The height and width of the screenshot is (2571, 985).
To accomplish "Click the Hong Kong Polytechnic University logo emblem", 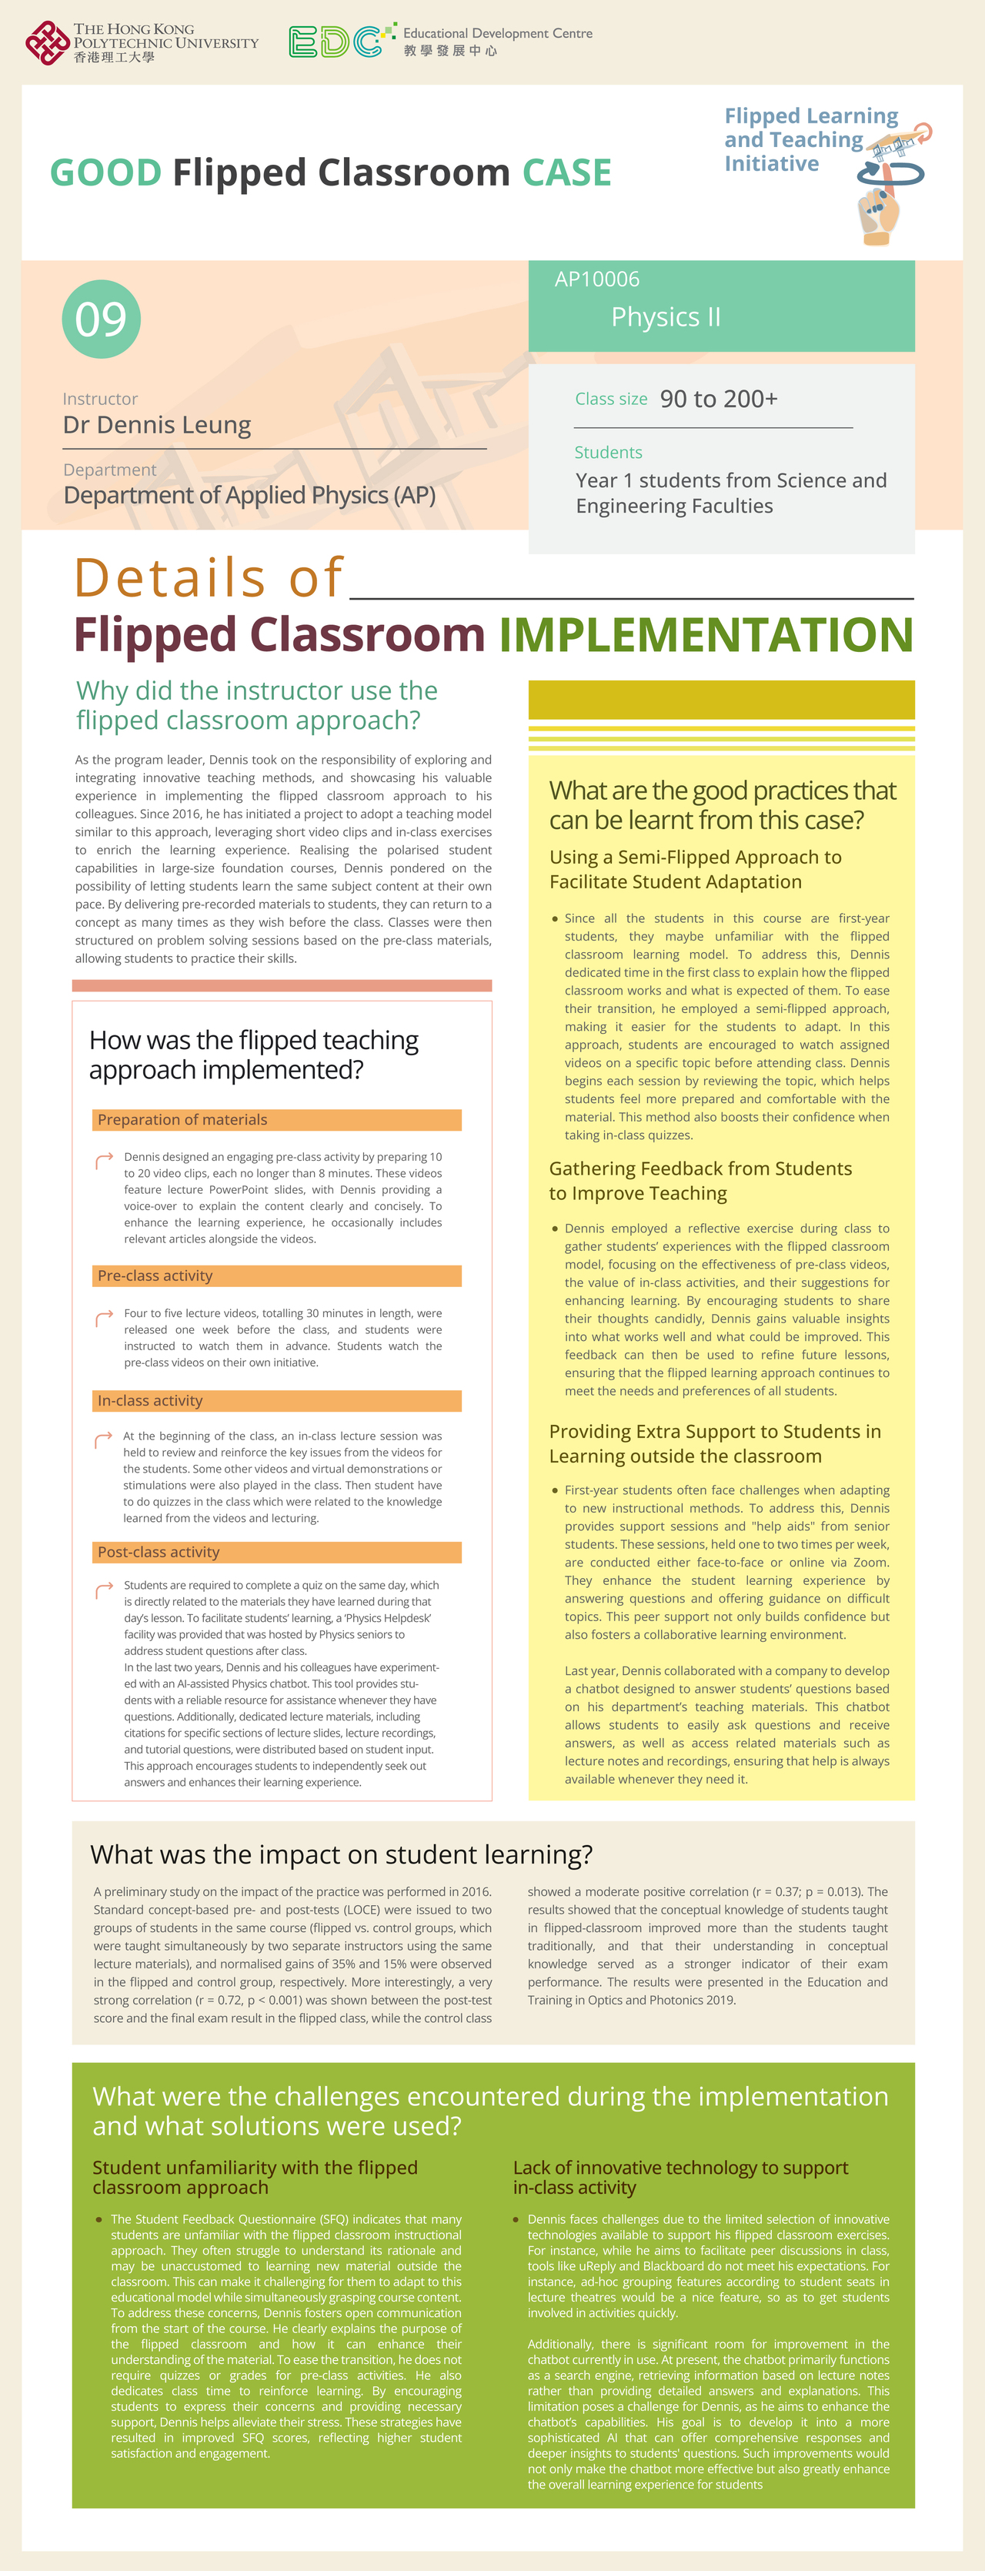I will [46, 42].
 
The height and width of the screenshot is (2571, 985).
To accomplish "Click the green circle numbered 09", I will [101, 319].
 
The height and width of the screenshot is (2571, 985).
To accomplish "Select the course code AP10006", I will [597, 279].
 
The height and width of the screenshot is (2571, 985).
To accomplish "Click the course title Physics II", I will [666, 317].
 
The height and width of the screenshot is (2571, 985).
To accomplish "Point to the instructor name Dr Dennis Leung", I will [157, 425].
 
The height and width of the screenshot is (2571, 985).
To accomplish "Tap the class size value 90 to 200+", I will [719, 400].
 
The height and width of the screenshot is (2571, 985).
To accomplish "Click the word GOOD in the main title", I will [105, 172].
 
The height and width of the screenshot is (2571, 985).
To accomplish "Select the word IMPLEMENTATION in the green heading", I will [706, 635].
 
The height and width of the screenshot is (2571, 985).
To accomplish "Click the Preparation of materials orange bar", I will [278, 1120].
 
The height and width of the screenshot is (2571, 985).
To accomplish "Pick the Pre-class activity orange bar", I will [278, 1275].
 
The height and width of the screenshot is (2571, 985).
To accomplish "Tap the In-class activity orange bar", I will [278, 1400].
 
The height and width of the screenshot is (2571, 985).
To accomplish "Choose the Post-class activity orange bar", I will [278, 1552].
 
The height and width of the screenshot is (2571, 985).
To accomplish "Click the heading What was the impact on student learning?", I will [342, 1854].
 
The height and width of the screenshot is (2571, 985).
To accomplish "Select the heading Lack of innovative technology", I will [679, 2178].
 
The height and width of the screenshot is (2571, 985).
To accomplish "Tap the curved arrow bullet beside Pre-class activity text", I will [104, 1319].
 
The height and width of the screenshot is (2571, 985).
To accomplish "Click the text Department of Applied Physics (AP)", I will [249, 496].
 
